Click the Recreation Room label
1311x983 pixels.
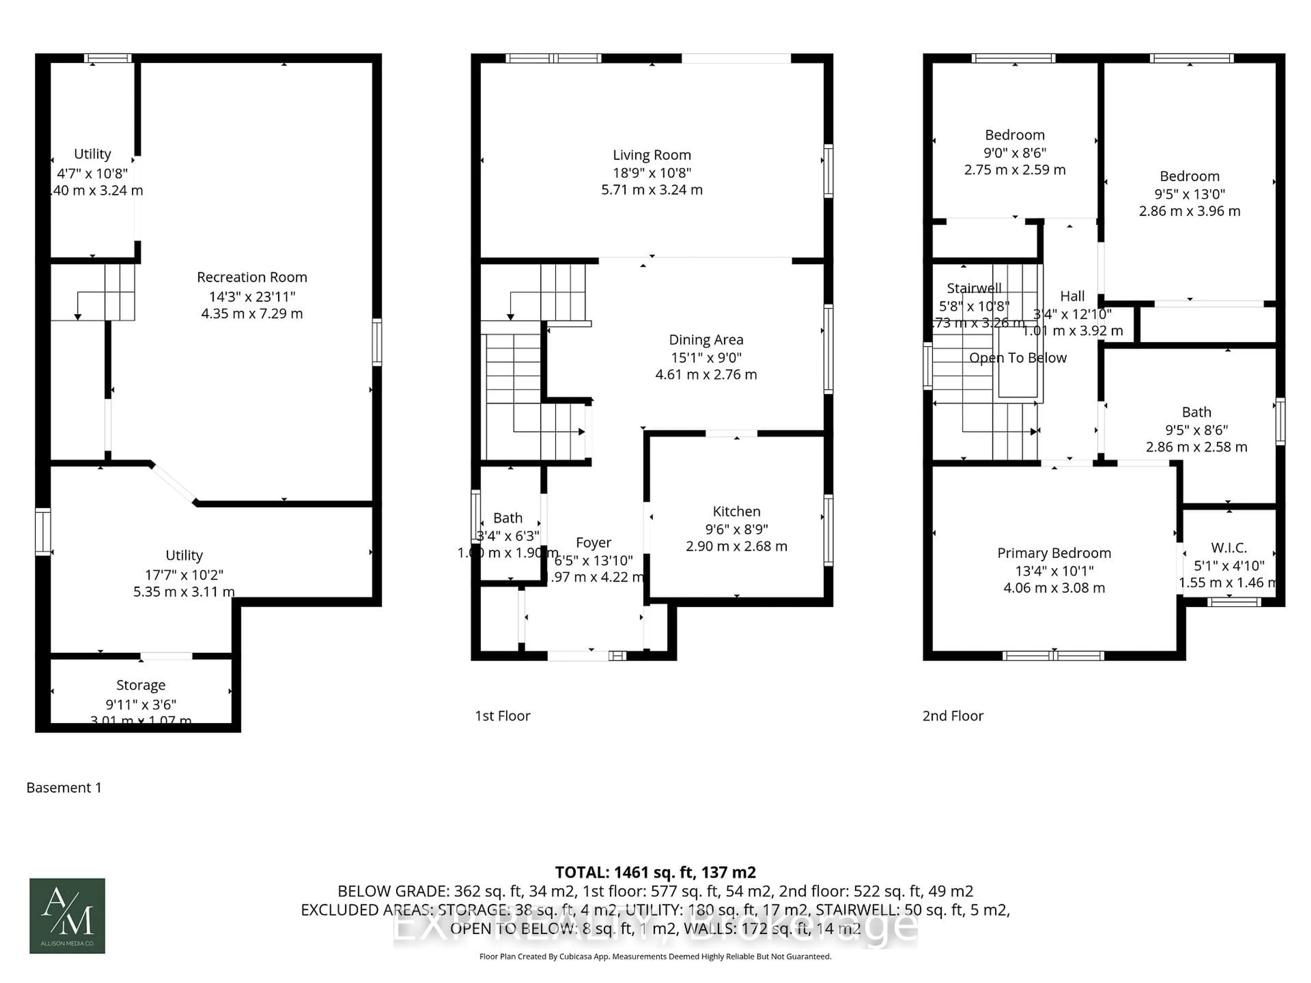point(252,277)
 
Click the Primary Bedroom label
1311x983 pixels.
point(1054,553)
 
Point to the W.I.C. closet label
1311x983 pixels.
point(1229,547)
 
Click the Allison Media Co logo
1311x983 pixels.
point(67,915)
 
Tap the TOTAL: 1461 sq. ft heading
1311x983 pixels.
point(655,872)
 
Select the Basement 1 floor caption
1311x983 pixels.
point(64,787)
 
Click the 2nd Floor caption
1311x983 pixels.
point(953,716)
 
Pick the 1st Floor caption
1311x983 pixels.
point(502,716)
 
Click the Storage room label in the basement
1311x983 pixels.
point(140,685)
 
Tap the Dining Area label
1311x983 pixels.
point(706,340)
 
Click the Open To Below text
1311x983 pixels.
point(1018,358)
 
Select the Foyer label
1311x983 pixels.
point(593,543)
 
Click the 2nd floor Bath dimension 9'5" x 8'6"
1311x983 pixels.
point(1196,430)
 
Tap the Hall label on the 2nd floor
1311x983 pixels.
point(1072,296)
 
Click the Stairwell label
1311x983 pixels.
point(974,288)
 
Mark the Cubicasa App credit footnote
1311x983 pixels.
point(655,956)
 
